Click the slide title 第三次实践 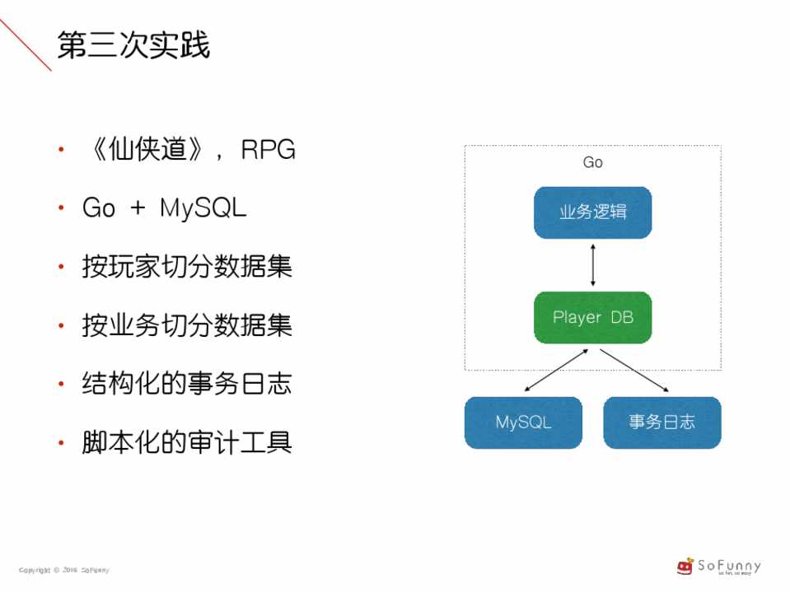click(x=133, y=46)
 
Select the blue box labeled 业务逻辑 click(x=592, y=212)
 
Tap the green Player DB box click(x=592, y=317)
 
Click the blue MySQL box click(x=523, y=423)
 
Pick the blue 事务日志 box click(x=661, y=423)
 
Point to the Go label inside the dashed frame click(x=592, y=163)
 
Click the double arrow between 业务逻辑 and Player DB click(x=592, y=265)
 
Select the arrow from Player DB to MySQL click(x=556, y=370)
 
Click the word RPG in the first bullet click(x=268, y=150)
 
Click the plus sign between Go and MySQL click(x=138, y=208)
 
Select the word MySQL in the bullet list click(x=203, y=208)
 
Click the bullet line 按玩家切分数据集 click(x=187, y=267)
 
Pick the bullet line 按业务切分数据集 click(x=187, y=326)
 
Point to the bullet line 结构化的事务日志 click(x=187, y=385)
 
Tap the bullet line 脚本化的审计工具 click(x=187, y=443)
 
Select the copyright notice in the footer click(x=64, y=570)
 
